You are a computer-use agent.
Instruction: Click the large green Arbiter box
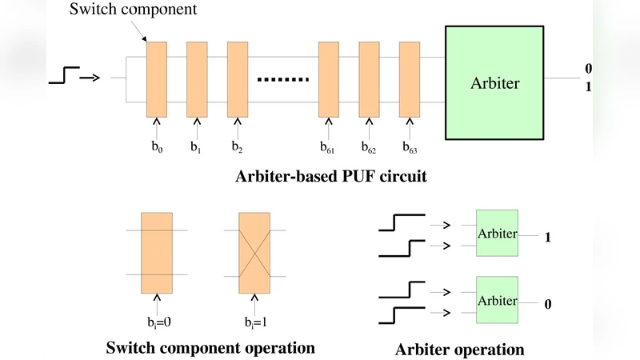point(495,82)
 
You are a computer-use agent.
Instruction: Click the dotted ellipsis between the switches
point(282,80)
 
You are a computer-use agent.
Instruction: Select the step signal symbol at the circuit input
point(64,77)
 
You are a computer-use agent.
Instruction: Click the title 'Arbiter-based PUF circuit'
point(330,177)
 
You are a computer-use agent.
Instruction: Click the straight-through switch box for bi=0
point(156,253)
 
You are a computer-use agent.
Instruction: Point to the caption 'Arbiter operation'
point(459,350)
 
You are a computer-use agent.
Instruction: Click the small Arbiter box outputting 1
point(497,233)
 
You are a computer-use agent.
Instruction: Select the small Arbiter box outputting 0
point(497,300)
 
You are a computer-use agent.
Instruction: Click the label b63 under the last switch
point(410,147)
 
